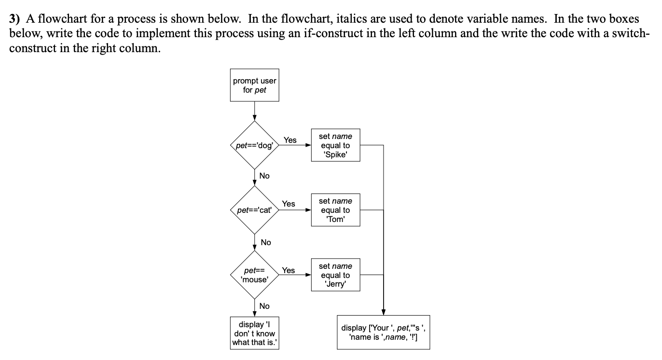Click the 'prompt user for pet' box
click(254, 85)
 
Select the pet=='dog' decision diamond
click(254, 145)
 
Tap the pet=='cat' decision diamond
click(254, 210)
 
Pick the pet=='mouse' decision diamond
click(254, 275)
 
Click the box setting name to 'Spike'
click(335, 145)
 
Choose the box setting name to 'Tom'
click(335, 210)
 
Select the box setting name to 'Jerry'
click(335, 275)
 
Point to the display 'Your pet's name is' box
click(383, 332)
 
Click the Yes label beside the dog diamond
click(290, 140)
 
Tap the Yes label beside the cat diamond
click(289, 204)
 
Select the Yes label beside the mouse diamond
click(289, 270)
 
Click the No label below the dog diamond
click(264, 176)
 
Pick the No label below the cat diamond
click(265, 242)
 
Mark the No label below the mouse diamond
click(264, 306)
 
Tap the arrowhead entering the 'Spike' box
click(308, 145)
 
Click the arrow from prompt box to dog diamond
click(254, 111)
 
